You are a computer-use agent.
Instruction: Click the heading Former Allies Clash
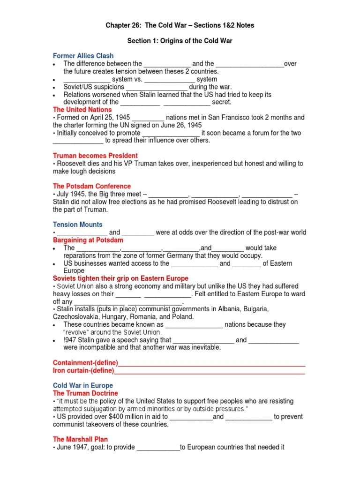click(x=83, y=56)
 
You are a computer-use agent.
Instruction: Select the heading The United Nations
click(x=82, y=110)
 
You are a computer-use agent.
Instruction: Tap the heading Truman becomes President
click(x=95, y=156)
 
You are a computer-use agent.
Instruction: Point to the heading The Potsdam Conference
click(x=92, y=186)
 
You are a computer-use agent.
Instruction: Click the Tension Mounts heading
click(x=77, y=225)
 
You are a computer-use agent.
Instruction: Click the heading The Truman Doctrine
click(x=85, y=393)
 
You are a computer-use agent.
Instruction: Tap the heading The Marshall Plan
click(x=80, y=439)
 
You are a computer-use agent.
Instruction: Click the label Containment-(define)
click(x=85, y=363)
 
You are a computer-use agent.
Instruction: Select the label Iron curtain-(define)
click(x=83, y=370)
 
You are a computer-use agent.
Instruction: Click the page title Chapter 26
click(x=180, y=25)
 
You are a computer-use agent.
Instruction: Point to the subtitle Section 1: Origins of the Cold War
click(x=180, y=41)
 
